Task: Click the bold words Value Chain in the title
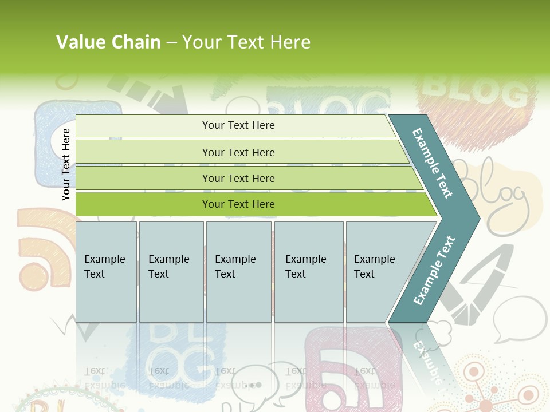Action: (108, 42)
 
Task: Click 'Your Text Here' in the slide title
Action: (246, 42)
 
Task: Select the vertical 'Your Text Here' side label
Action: (66, 164)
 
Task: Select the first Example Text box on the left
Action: (106, 271)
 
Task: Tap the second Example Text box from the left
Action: (171, 271)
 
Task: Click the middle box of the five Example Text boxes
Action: (238, 271)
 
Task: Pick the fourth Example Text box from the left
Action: (309, 271)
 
